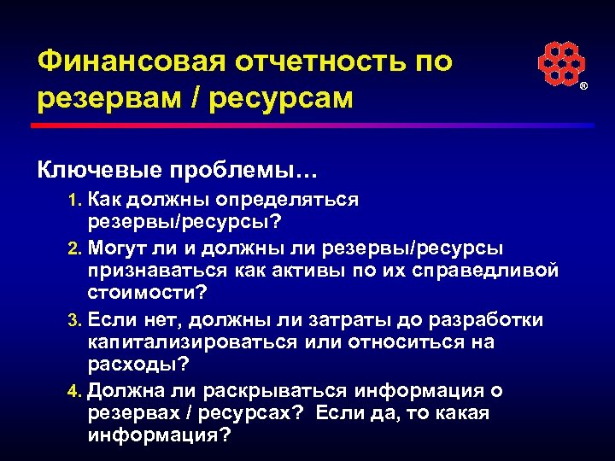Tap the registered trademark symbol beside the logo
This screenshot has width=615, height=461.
[x=584, y=88]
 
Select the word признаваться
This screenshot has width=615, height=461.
[x=157, y=271]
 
